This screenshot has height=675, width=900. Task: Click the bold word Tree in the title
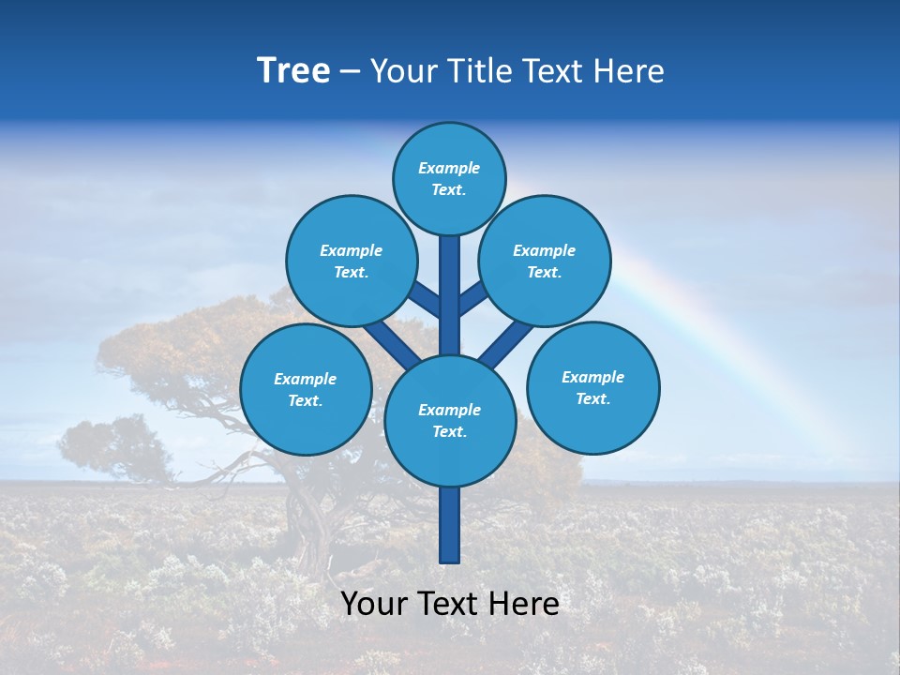293,70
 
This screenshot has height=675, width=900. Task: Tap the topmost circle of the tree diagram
449,178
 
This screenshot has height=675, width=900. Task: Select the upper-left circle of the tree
351,261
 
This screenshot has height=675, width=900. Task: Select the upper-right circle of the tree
545,261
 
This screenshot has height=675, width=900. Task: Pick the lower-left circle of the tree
306,389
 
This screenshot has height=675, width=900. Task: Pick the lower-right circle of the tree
593,387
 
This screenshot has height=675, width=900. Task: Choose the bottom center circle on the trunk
450,420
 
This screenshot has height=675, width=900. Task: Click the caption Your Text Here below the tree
449,604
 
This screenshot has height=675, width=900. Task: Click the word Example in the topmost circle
449,168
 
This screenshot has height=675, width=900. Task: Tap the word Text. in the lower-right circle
592,398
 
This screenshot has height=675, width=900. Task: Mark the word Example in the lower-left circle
305,379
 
